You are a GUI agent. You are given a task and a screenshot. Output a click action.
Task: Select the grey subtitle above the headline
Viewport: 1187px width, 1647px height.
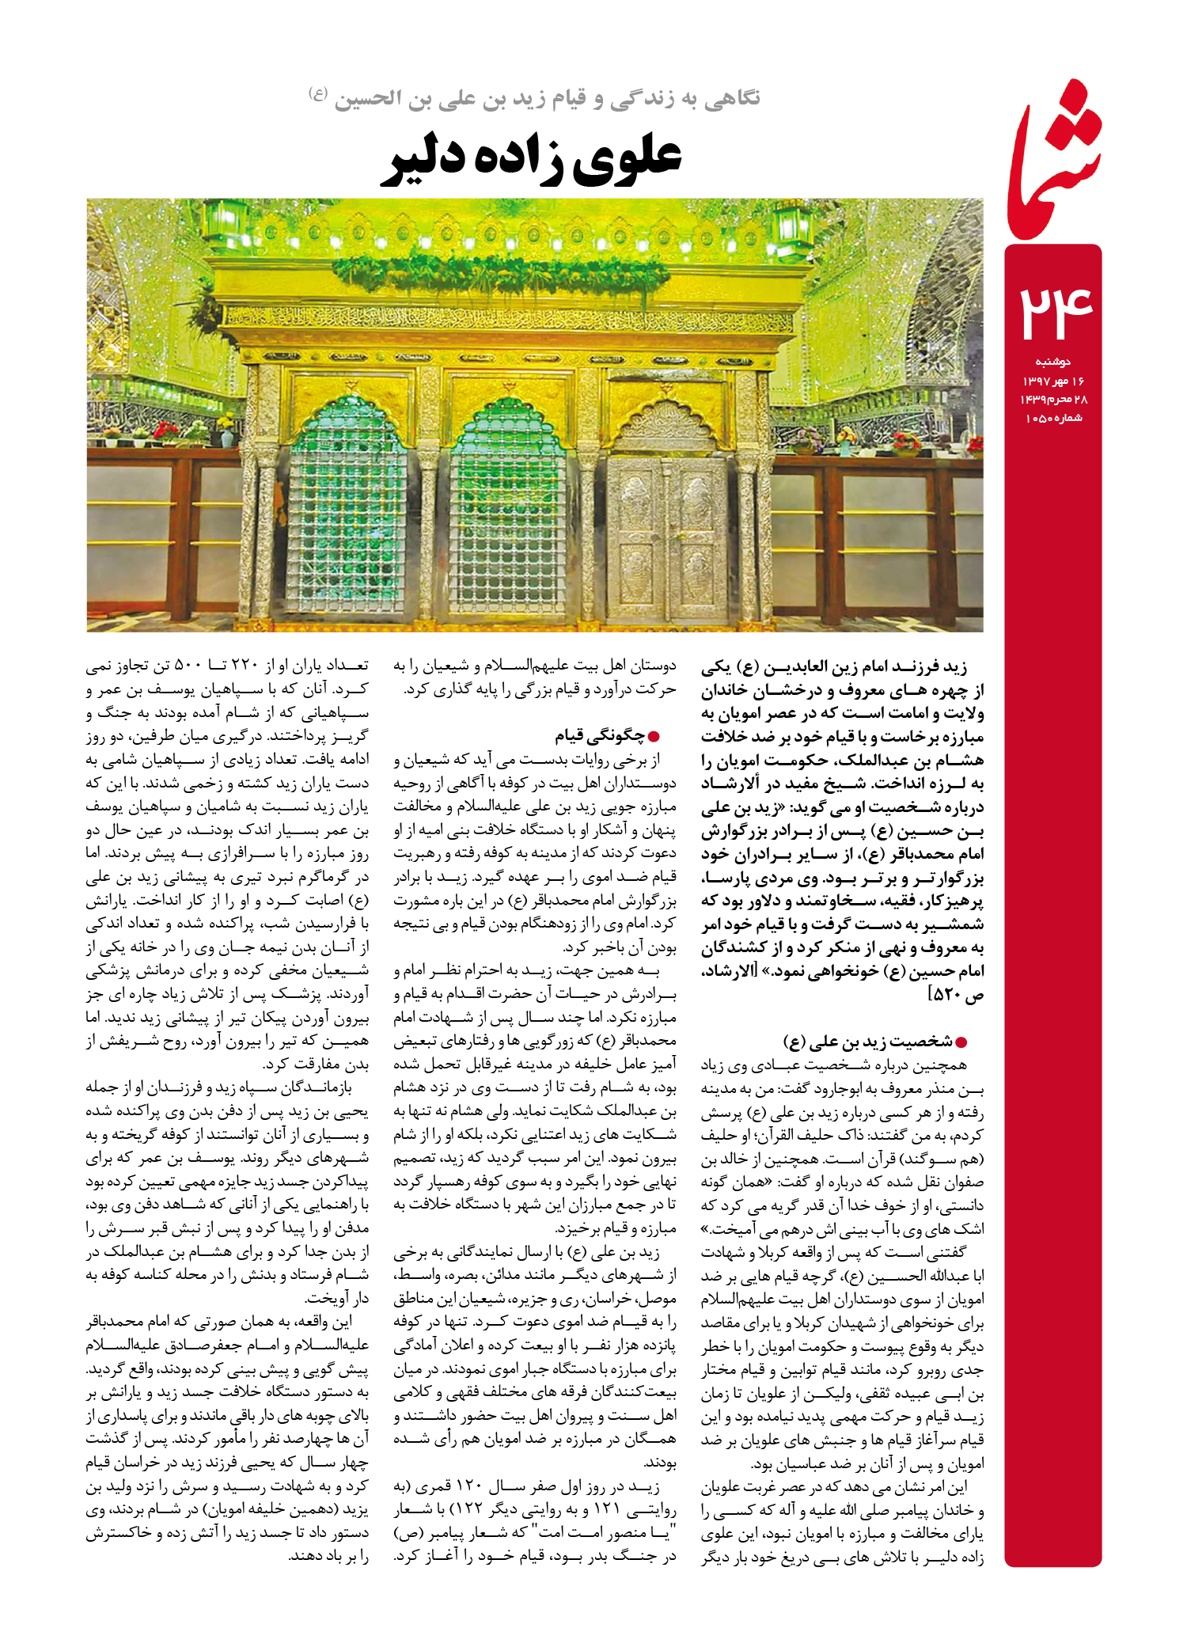tap(535, 99)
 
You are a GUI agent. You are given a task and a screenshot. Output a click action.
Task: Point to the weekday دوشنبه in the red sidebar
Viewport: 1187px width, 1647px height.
tap(1052, 362)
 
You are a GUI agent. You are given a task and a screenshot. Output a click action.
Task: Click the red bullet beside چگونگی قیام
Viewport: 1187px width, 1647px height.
tap(654, 738)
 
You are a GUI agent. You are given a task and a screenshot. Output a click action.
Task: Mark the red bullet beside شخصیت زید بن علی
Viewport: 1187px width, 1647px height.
tap(961, 1042)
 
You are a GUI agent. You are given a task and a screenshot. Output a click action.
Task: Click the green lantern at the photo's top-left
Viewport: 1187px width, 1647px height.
tap(227, 222)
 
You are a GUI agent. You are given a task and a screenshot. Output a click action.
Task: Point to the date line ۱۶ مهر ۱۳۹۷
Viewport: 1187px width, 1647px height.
tap(1053, 381)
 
